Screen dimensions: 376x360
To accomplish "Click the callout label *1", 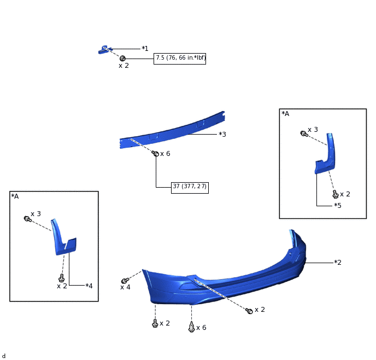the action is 145,49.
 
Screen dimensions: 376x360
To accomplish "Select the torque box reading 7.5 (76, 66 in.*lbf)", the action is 180,59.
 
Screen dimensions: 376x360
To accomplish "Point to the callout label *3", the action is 222,134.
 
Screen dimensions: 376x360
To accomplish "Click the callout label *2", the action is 338,262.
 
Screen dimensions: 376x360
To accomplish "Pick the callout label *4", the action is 89,286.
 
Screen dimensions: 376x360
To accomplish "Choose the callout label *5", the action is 338,205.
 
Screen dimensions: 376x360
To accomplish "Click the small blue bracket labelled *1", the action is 104,50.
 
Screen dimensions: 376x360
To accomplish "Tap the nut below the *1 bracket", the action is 122,59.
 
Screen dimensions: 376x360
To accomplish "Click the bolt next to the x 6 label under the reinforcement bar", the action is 155,153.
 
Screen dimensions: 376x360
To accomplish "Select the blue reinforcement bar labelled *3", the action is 172,130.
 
